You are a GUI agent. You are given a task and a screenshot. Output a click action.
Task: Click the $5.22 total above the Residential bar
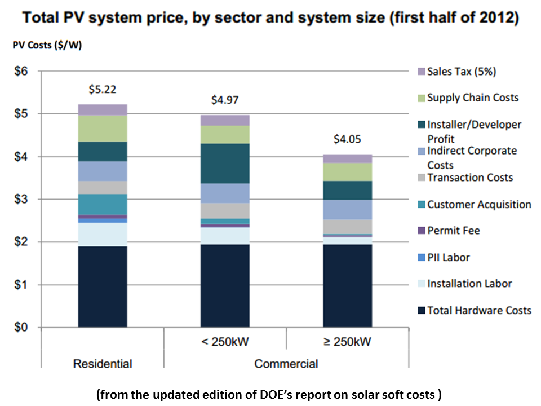(102, 90)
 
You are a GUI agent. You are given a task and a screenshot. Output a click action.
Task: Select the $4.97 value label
(225, 100)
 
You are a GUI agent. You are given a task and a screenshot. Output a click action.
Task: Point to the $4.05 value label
(347, 139)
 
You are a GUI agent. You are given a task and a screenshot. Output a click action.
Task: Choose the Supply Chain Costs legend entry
(472, 98)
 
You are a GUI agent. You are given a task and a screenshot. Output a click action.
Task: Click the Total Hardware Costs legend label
(479, 310)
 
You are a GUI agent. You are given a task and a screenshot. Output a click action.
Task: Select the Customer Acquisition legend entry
(479, 204)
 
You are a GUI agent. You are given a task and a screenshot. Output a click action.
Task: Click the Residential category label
(103, 364)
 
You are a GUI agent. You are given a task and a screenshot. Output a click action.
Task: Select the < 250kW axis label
(225, 342)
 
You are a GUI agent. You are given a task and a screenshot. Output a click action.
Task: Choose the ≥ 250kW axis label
(347, 342)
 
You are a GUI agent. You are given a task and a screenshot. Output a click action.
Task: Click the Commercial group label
(286, 364)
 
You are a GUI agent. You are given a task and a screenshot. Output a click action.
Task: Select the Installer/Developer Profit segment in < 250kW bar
(225, 163)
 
